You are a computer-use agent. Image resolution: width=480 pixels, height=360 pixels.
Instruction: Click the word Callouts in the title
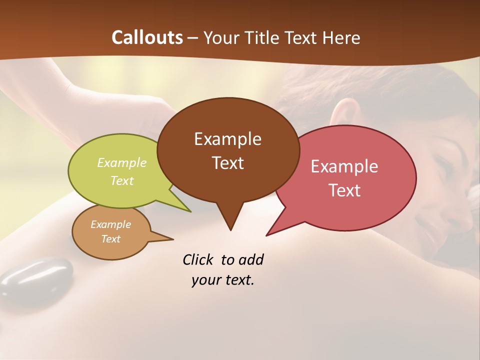pyautogui.click(x=147, y=37)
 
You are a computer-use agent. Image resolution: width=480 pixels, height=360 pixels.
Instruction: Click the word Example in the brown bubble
pyautogui.click(x=227, y=139)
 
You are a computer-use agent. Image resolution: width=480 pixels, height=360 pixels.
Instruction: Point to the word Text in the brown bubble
pyautogui.click(x=227, y=163)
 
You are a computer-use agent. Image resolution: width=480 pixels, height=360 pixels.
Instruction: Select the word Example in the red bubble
pyautogui.click(x=344, y=166)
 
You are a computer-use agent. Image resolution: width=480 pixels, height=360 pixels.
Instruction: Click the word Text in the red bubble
pyautogui.click(x=344, y=190)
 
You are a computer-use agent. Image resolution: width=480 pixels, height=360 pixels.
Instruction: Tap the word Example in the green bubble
pyautogui.click(x=122, y=163)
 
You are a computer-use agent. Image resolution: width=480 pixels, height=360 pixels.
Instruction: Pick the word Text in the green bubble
pyautogui.click(x=122, y=180)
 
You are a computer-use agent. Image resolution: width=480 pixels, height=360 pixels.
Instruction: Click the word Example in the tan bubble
pyautogui.click(x=110, y=224)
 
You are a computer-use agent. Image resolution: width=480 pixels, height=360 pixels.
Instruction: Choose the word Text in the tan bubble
pyautogui.click(x=110, y=239)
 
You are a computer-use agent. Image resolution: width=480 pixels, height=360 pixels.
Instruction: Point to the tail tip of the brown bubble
pyautogui.click(x=230, y=229)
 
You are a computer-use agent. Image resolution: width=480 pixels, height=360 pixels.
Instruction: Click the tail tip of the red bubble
pyautogui.click(x=267, y=234)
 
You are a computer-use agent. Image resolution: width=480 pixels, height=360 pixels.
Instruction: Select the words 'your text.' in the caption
pyautogui.click(x=223, y=280)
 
